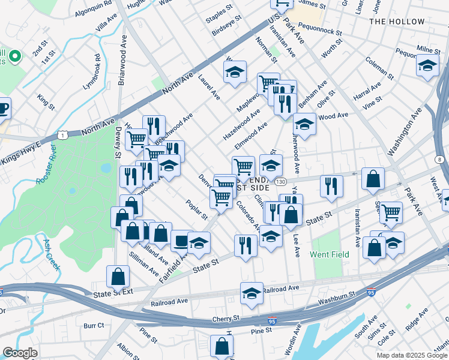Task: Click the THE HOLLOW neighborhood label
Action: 397,22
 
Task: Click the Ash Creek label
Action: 52,254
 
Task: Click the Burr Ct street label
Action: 94,326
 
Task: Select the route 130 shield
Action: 280,181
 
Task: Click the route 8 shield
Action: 440,159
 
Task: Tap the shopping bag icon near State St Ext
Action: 118,276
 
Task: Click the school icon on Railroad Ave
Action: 252,293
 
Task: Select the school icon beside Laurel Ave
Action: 235,71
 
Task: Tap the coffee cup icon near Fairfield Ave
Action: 181,240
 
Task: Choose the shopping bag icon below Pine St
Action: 222,346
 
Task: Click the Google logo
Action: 20,353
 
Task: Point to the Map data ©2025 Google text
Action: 411,355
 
